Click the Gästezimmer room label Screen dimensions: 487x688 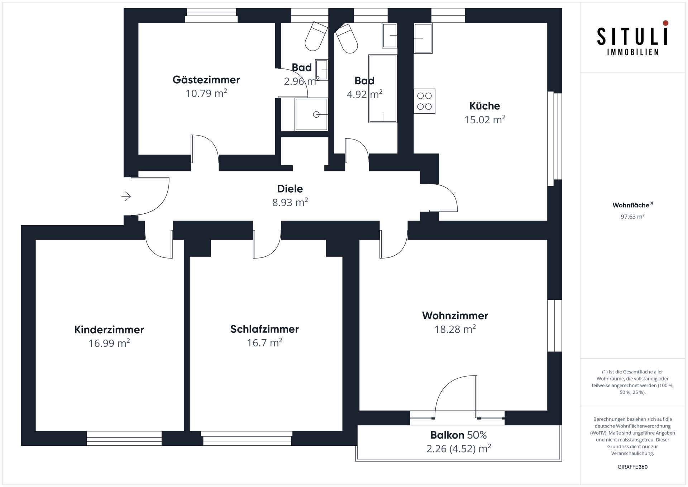[x=206, y=80]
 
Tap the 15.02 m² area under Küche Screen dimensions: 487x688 [x=484, y=119]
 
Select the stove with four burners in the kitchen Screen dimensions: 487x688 [x=424, y=101]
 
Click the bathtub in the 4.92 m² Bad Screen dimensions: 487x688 [x=383, y=89]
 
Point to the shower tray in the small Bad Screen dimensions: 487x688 [x=311, y=114]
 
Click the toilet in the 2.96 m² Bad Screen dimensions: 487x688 [x=315, y=37]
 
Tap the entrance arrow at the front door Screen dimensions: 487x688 [x=126, y=196]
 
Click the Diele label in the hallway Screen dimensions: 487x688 [x=290, y=189]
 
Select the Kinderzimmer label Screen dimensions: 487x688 [x=109, y=330]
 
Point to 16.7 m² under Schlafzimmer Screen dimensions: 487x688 [x=264, y=343]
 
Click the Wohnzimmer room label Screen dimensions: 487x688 [x=455, y=316]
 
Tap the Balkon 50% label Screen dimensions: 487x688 [x=458, y=435]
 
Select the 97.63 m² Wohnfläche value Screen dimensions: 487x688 [x=632, y=217]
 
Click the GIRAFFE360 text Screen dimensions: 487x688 [x=632, y=467]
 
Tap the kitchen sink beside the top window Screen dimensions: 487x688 [x=423, y=38]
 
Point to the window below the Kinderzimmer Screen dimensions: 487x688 [x=124, y=438]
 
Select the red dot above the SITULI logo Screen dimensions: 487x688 [x=665, y=23]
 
